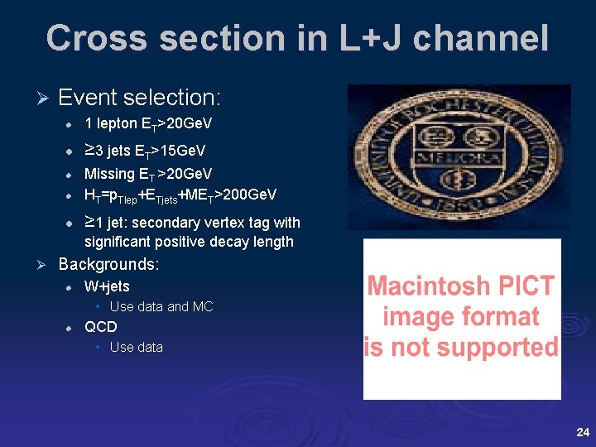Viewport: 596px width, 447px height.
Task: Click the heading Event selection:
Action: tap(139, 98)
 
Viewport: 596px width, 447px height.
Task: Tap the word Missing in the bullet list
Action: tap(109, 174)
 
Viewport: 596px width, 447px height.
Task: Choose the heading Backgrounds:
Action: tap(108, 265)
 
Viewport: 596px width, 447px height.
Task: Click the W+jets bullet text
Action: tap(107, 286)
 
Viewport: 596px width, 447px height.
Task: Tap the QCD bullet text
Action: tap(101, 327)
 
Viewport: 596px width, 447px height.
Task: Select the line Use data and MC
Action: tap(161, 307)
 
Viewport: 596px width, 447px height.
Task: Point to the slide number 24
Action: tap(582, 432)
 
